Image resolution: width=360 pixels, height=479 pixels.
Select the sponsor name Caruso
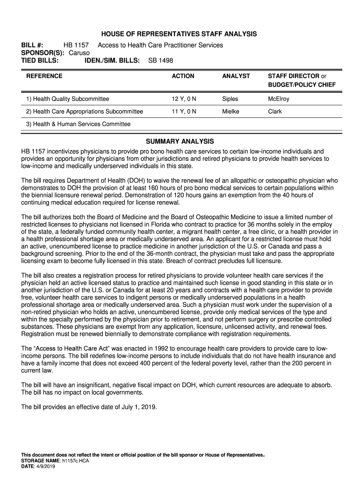[x=79, y=53]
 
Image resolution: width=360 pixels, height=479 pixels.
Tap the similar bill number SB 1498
[x=160, y=61]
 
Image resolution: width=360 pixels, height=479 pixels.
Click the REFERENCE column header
[x=44, y=76]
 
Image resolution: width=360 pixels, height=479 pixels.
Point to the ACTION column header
[x=182, y=76]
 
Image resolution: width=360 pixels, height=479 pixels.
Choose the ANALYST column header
[x=236, y=76]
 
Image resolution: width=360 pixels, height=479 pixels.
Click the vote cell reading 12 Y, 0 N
[x=184, y=99]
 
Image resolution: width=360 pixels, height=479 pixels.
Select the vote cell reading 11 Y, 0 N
[x=184, y=112]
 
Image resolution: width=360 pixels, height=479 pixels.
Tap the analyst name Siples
[x=230, y=99]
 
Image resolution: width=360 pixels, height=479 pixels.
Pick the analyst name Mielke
[x=231, y=112]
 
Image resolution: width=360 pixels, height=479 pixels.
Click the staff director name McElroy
[x=279, y=99]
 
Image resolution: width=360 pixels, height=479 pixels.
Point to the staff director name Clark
[x=275, y=112]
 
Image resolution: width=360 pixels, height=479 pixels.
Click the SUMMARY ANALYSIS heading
[x=180, y=141]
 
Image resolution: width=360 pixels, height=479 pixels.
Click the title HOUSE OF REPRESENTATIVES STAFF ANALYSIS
[x=180, y=34]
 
